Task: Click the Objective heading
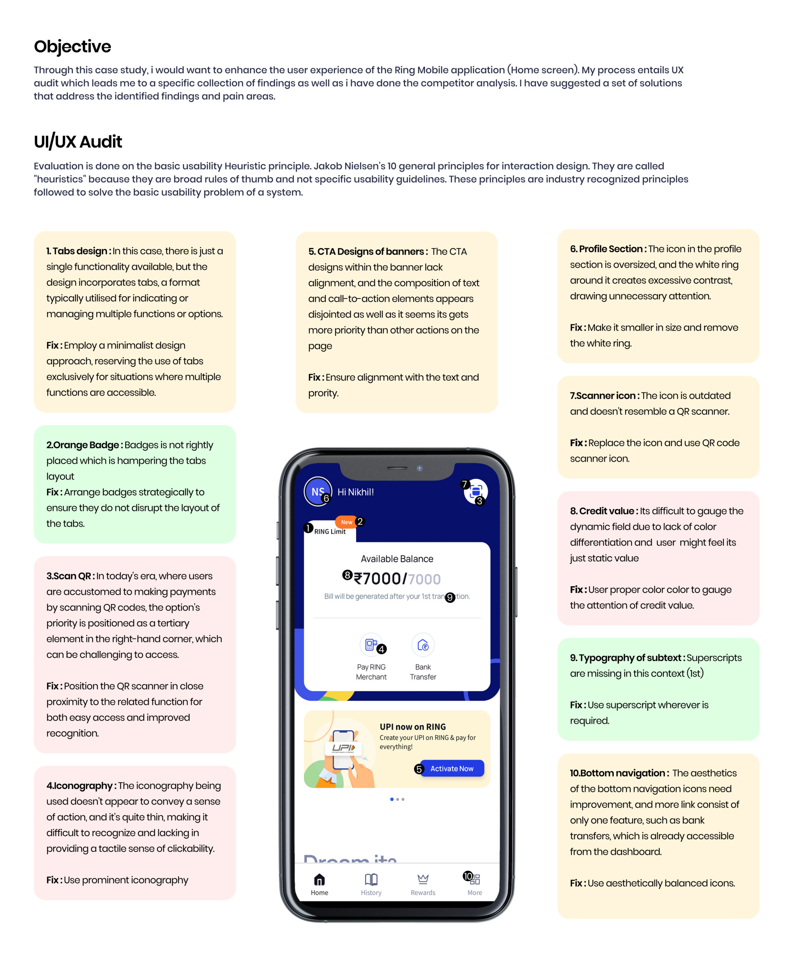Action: point(72,46)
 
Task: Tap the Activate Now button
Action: point(452,768)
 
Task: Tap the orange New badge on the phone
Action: point(346,522)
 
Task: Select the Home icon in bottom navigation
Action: point(319,880)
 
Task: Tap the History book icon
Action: point(371,880)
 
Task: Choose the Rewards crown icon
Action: point(423,880)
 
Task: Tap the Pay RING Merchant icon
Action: point(370,645)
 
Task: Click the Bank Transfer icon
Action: point(423,645)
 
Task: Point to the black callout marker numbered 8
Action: point(347,575)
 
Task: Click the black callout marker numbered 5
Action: point(418,769)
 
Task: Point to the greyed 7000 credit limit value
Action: point(424,579)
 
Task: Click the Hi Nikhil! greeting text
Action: point(356,492)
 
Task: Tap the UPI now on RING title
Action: point(412,727)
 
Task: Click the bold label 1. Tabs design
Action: point(77,251)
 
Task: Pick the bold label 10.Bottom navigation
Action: point(617,773)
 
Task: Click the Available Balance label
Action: point(397,559)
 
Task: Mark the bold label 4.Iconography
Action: point(79,785)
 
